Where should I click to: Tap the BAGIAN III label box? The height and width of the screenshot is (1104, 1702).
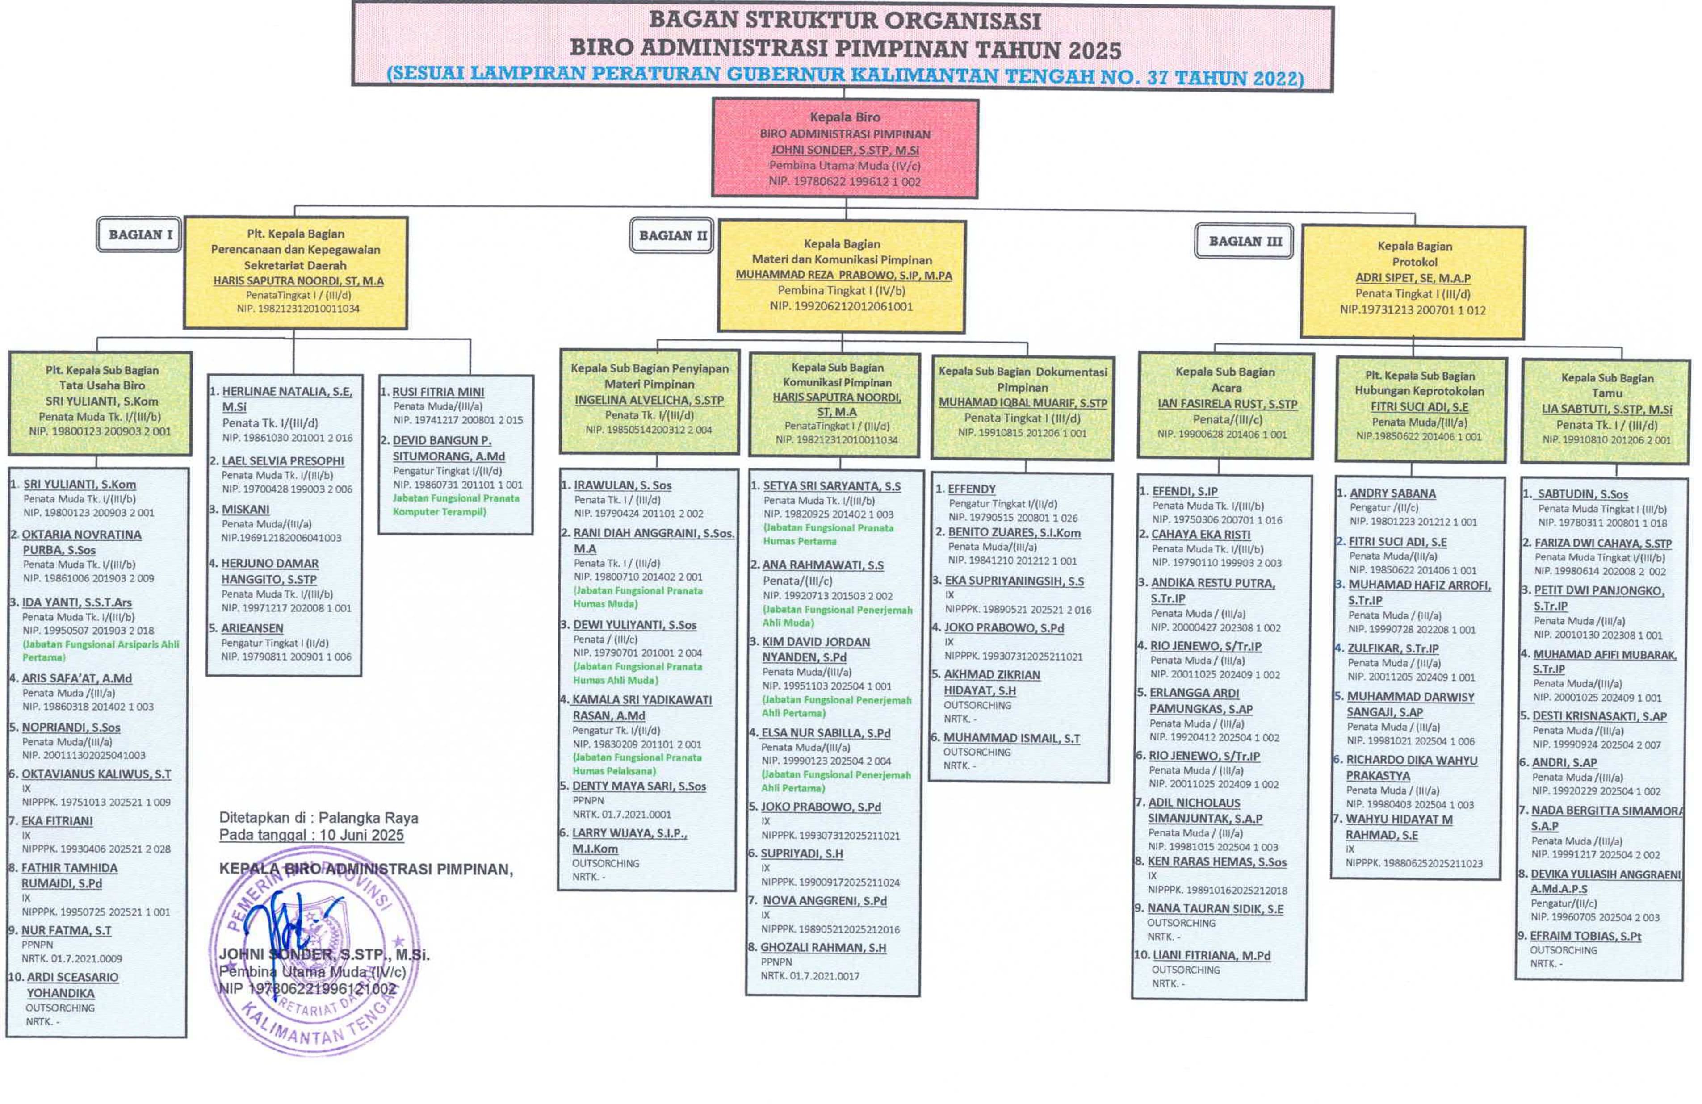pos(1244,241)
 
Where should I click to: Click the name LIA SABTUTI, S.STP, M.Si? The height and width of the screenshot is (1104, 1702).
pos(1606,409)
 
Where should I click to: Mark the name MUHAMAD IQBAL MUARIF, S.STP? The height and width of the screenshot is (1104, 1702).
pos(1023,402)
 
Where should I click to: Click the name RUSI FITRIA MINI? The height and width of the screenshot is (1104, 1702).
pos(438,392)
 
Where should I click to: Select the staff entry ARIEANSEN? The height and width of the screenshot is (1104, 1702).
pos(252,628)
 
